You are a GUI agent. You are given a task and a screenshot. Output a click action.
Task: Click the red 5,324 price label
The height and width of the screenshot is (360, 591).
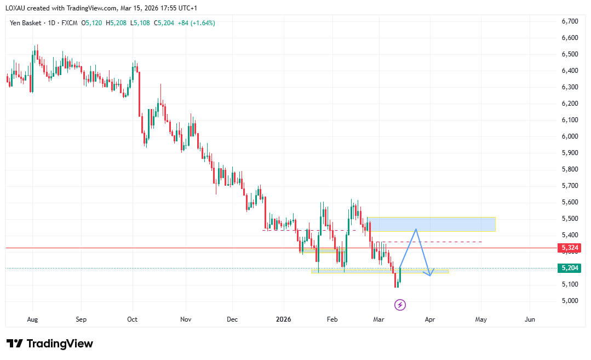570,248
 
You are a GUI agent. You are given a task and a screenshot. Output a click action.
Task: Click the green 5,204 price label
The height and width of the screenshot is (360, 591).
570,268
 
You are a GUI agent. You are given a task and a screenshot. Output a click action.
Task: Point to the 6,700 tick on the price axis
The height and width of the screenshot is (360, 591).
570,21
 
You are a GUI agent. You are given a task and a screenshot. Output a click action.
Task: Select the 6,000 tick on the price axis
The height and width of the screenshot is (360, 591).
570,136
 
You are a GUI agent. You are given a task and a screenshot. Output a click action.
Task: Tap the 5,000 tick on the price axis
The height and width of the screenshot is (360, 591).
570,301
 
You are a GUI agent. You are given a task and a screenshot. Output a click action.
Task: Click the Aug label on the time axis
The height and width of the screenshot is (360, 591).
32,318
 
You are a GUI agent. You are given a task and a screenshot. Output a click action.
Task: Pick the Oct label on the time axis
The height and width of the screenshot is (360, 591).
133,318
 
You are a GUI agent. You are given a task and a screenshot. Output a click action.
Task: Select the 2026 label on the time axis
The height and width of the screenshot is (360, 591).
284,318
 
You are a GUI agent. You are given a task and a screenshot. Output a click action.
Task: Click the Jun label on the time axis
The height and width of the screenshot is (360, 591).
530,318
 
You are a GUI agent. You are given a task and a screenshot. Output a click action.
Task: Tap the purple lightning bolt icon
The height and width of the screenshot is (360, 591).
400,305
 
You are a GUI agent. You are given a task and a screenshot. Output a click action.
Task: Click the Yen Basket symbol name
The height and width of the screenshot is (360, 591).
26,23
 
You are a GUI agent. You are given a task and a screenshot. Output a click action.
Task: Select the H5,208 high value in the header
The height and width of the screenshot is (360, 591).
117,23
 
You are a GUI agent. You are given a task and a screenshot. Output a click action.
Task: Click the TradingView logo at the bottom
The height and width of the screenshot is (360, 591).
50,344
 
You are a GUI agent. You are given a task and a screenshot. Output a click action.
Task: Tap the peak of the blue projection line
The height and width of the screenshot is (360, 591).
416,229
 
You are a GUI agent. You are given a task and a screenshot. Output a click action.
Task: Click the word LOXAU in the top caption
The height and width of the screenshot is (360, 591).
17,8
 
